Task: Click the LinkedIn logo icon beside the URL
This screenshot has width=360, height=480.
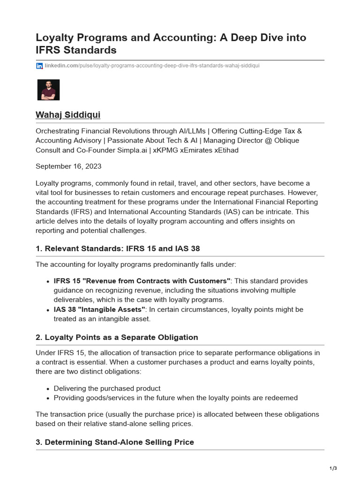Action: (39, 66)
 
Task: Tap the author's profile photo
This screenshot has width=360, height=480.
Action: (48, 90)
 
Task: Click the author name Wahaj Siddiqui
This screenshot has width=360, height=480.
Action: (68, 115)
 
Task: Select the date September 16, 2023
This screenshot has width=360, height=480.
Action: (68, 166)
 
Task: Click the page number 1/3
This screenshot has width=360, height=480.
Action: (333, 468)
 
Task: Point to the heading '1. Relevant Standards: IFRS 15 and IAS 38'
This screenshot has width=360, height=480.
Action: (118, 248)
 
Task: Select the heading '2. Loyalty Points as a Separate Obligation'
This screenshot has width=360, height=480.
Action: (117, 337)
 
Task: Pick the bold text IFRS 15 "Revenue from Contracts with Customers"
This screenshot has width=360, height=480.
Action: (142, 281)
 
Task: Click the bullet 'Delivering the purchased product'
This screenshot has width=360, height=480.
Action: (107, 388)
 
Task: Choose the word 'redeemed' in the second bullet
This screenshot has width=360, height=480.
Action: (282, 397)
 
